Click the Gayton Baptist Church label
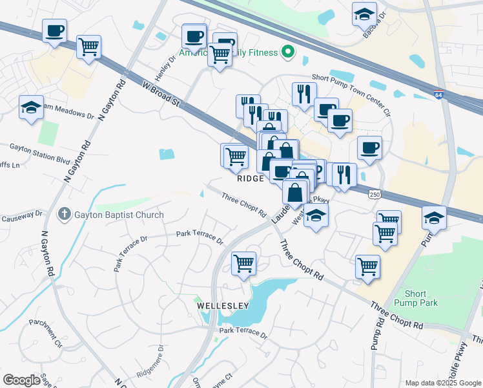point(119,215)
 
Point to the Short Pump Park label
point(420,298)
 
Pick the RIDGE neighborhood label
point(251,178)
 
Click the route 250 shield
point(374,194)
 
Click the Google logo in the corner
point(21,380)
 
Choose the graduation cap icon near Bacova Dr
point(364,13)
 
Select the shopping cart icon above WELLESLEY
point(243,263)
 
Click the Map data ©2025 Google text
point(442,383)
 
